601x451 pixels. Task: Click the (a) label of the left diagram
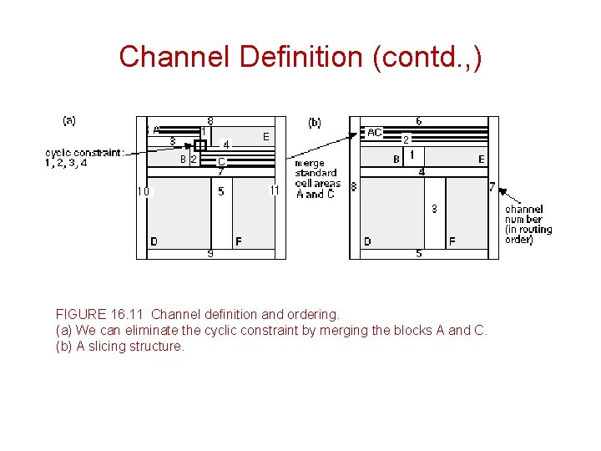(69, 120)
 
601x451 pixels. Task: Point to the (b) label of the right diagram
(315, 123)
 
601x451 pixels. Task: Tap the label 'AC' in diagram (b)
(375, 133)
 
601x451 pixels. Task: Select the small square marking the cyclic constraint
(200, 145)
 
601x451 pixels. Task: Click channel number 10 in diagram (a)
(144, 191)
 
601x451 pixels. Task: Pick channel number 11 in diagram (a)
(274, 190)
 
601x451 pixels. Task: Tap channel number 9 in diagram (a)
(210, 253)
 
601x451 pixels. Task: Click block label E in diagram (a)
(265, 136)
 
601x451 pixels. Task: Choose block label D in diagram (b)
(367, 241)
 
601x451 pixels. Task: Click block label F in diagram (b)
(452, 241)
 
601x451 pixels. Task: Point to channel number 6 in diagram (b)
(419, 121)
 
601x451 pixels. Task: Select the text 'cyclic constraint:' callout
(84, 153)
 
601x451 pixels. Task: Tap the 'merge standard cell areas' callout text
(317, 178)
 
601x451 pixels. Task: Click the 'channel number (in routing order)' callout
(528, 225)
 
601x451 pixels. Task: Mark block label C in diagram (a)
(221, 161)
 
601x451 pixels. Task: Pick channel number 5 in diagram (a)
(221, 191)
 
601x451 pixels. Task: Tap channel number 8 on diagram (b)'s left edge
(354, 187)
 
